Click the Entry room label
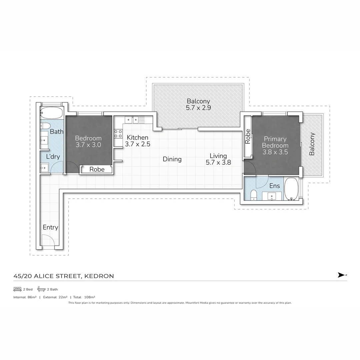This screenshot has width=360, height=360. click(x=50, y=227)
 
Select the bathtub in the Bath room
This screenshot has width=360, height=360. click(x=51, y=114)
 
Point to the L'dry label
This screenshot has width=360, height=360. click(x=53, y=156)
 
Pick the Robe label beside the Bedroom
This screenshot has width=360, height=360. click(x=97, y=169)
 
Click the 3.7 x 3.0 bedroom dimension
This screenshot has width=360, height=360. click(x=88, y=145)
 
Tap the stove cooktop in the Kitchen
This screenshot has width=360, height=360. click(x=118, y=134)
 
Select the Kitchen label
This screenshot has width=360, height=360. click(x=137, y=137)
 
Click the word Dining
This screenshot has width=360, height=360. click(x=172, y=159)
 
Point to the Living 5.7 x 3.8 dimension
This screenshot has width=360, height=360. click(x=218, y=163)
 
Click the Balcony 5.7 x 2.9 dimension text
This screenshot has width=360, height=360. click(x=198, y=108)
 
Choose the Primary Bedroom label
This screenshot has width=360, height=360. click(x=275, y=142)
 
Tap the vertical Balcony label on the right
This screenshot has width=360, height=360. click(x=312, y=144)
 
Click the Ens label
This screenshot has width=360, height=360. click(x=275, y=186)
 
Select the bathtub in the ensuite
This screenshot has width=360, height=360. click(x=292, y=189)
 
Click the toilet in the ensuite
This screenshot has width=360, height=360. click(x=253, y=195)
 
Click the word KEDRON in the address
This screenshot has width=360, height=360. click(x=99, y=276)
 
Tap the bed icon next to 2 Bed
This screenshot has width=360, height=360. click(x=17, y=289)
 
